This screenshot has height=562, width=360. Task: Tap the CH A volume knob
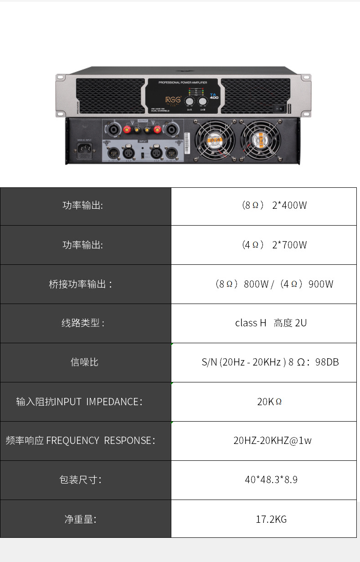(x=190, y=102)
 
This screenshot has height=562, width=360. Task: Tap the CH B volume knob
(x=202, y=102)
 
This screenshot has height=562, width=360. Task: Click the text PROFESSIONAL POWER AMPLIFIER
(x=182, y=82)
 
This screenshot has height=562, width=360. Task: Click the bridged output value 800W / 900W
(x=274, y=284)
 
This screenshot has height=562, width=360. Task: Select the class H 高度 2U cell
(x=271, y=323)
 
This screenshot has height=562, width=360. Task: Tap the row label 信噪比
(x=85, y=362)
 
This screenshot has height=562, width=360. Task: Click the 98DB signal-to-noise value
(x=271, y=362)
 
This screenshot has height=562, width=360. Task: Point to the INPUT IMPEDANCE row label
(x=79, y=402)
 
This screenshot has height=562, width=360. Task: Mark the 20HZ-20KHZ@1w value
(x=273, y=441)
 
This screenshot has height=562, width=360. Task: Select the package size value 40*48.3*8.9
(x=271, y=480)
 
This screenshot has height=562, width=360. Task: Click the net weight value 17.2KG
(x=271, y=519)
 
